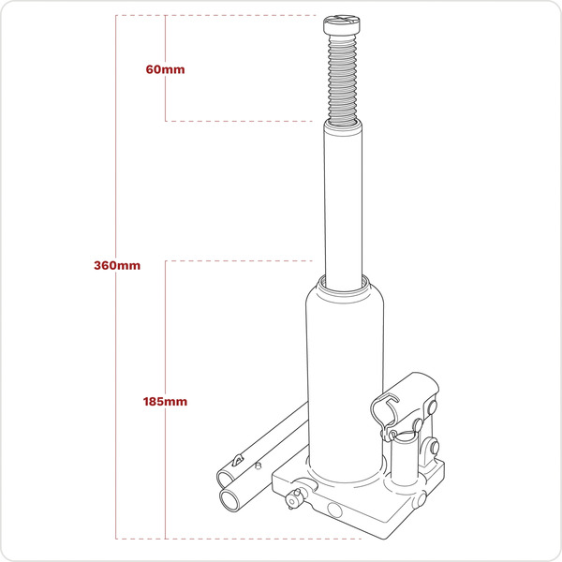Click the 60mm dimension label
[x=166, y=70]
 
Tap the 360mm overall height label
[x=117, y=266]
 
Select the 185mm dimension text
[x=166, y=401]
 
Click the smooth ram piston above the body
[x=344, y=201]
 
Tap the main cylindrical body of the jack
[x=344, y=375]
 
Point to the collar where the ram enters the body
[x=344, y=280]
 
